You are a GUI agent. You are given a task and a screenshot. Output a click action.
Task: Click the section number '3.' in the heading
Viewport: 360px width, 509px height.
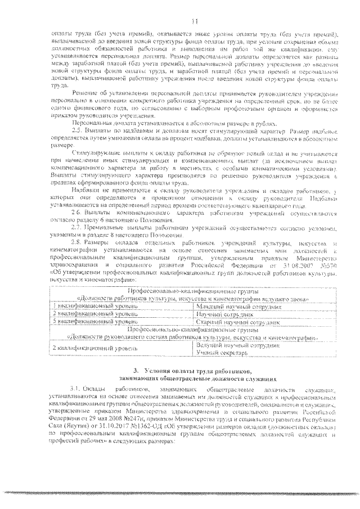(x=133, y=372)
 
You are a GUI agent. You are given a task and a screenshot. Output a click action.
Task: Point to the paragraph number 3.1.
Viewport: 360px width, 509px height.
(x=75, y=389)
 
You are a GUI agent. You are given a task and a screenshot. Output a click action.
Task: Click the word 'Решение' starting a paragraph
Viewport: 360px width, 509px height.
(x=83, y=91)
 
